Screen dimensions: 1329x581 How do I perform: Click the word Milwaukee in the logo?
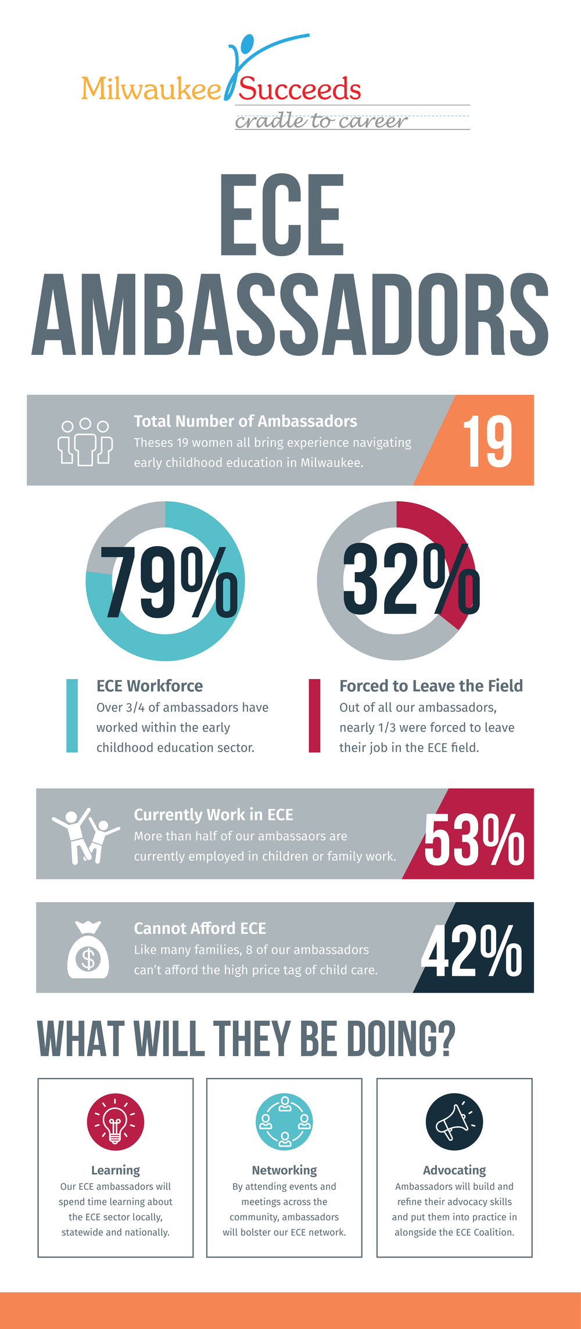coord(151,89)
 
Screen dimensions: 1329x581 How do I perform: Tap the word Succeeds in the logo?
coord(300,89)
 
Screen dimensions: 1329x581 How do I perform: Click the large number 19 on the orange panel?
coord(487,441)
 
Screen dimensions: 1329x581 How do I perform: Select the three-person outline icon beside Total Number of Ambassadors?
coord(85,441)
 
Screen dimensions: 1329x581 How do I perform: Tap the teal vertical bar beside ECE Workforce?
coord(72,716)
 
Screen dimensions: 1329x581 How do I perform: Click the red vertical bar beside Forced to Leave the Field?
coord(314,716)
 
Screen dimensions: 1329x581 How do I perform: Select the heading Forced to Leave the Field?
coord(431,686)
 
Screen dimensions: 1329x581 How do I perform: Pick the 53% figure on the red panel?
coord(474,839)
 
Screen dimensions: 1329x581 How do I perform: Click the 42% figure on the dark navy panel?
coord(471,951)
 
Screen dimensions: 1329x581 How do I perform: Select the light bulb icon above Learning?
coord(115,1122)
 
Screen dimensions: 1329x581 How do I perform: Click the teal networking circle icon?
coord(285,1122)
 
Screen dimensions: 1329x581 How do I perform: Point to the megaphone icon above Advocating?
coord(454,1122)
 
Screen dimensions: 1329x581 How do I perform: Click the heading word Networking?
coord(285,1170)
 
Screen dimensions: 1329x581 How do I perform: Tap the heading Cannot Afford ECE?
coord(200,928)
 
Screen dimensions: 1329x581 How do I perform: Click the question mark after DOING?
coord(445,1039)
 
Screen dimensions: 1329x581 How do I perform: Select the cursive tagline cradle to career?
coord(321,121)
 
